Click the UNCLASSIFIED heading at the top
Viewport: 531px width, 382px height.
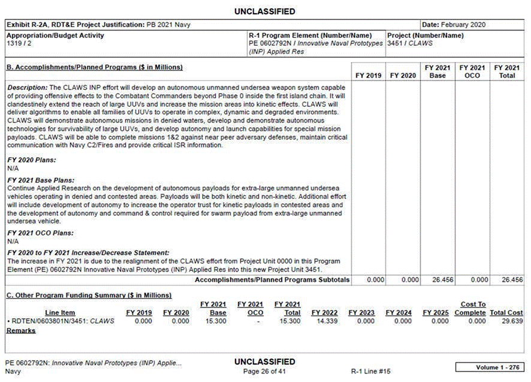click(265, 11)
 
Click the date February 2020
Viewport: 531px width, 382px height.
click(463, 25)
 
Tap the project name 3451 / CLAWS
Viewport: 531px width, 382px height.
click(410, 44)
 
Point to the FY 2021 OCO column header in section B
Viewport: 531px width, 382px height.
click(472, 71)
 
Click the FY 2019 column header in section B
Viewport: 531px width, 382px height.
click(367, 75)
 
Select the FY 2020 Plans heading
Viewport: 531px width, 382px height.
click(31, 160)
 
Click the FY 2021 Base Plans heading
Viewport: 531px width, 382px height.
click(40, 180)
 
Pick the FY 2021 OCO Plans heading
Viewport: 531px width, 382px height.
click(40, 232)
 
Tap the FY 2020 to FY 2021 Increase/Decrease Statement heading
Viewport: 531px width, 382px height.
click(88, 253)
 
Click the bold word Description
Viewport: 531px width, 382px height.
click(26, 87)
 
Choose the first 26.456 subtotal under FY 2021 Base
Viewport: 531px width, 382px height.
click(439, 280)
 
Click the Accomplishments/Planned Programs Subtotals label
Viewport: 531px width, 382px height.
click(272, 280)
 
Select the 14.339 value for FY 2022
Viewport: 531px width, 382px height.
click(325, 321)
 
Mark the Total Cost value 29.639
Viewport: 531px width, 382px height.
click(510, 321)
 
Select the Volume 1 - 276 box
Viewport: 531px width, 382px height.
click(489, 366)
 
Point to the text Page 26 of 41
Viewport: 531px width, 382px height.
click(265, 371)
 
